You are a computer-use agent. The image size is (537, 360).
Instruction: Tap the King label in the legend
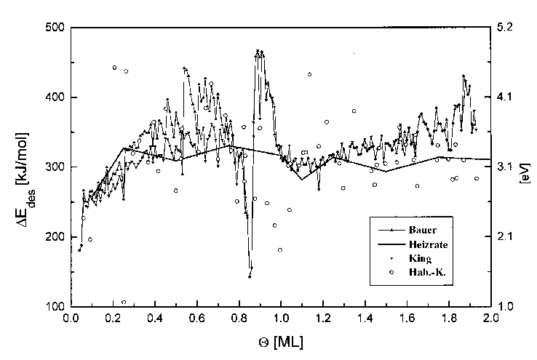(x=420, y=258)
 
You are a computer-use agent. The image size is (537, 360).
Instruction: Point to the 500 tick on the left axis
(x=55, y=28)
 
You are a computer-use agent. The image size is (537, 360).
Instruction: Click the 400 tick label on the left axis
(x=55, y=97)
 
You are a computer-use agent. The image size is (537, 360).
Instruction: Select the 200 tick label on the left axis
(x=55, y=237)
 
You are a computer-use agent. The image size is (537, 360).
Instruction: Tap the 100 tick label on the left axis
(x=55, y=307)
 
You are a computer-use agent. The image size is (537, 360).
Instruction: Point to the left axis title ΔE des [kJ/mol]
(x=29, y=167)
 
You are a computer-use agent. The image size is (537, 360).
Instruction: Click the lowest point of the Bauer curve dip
(x=250, y=276)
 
